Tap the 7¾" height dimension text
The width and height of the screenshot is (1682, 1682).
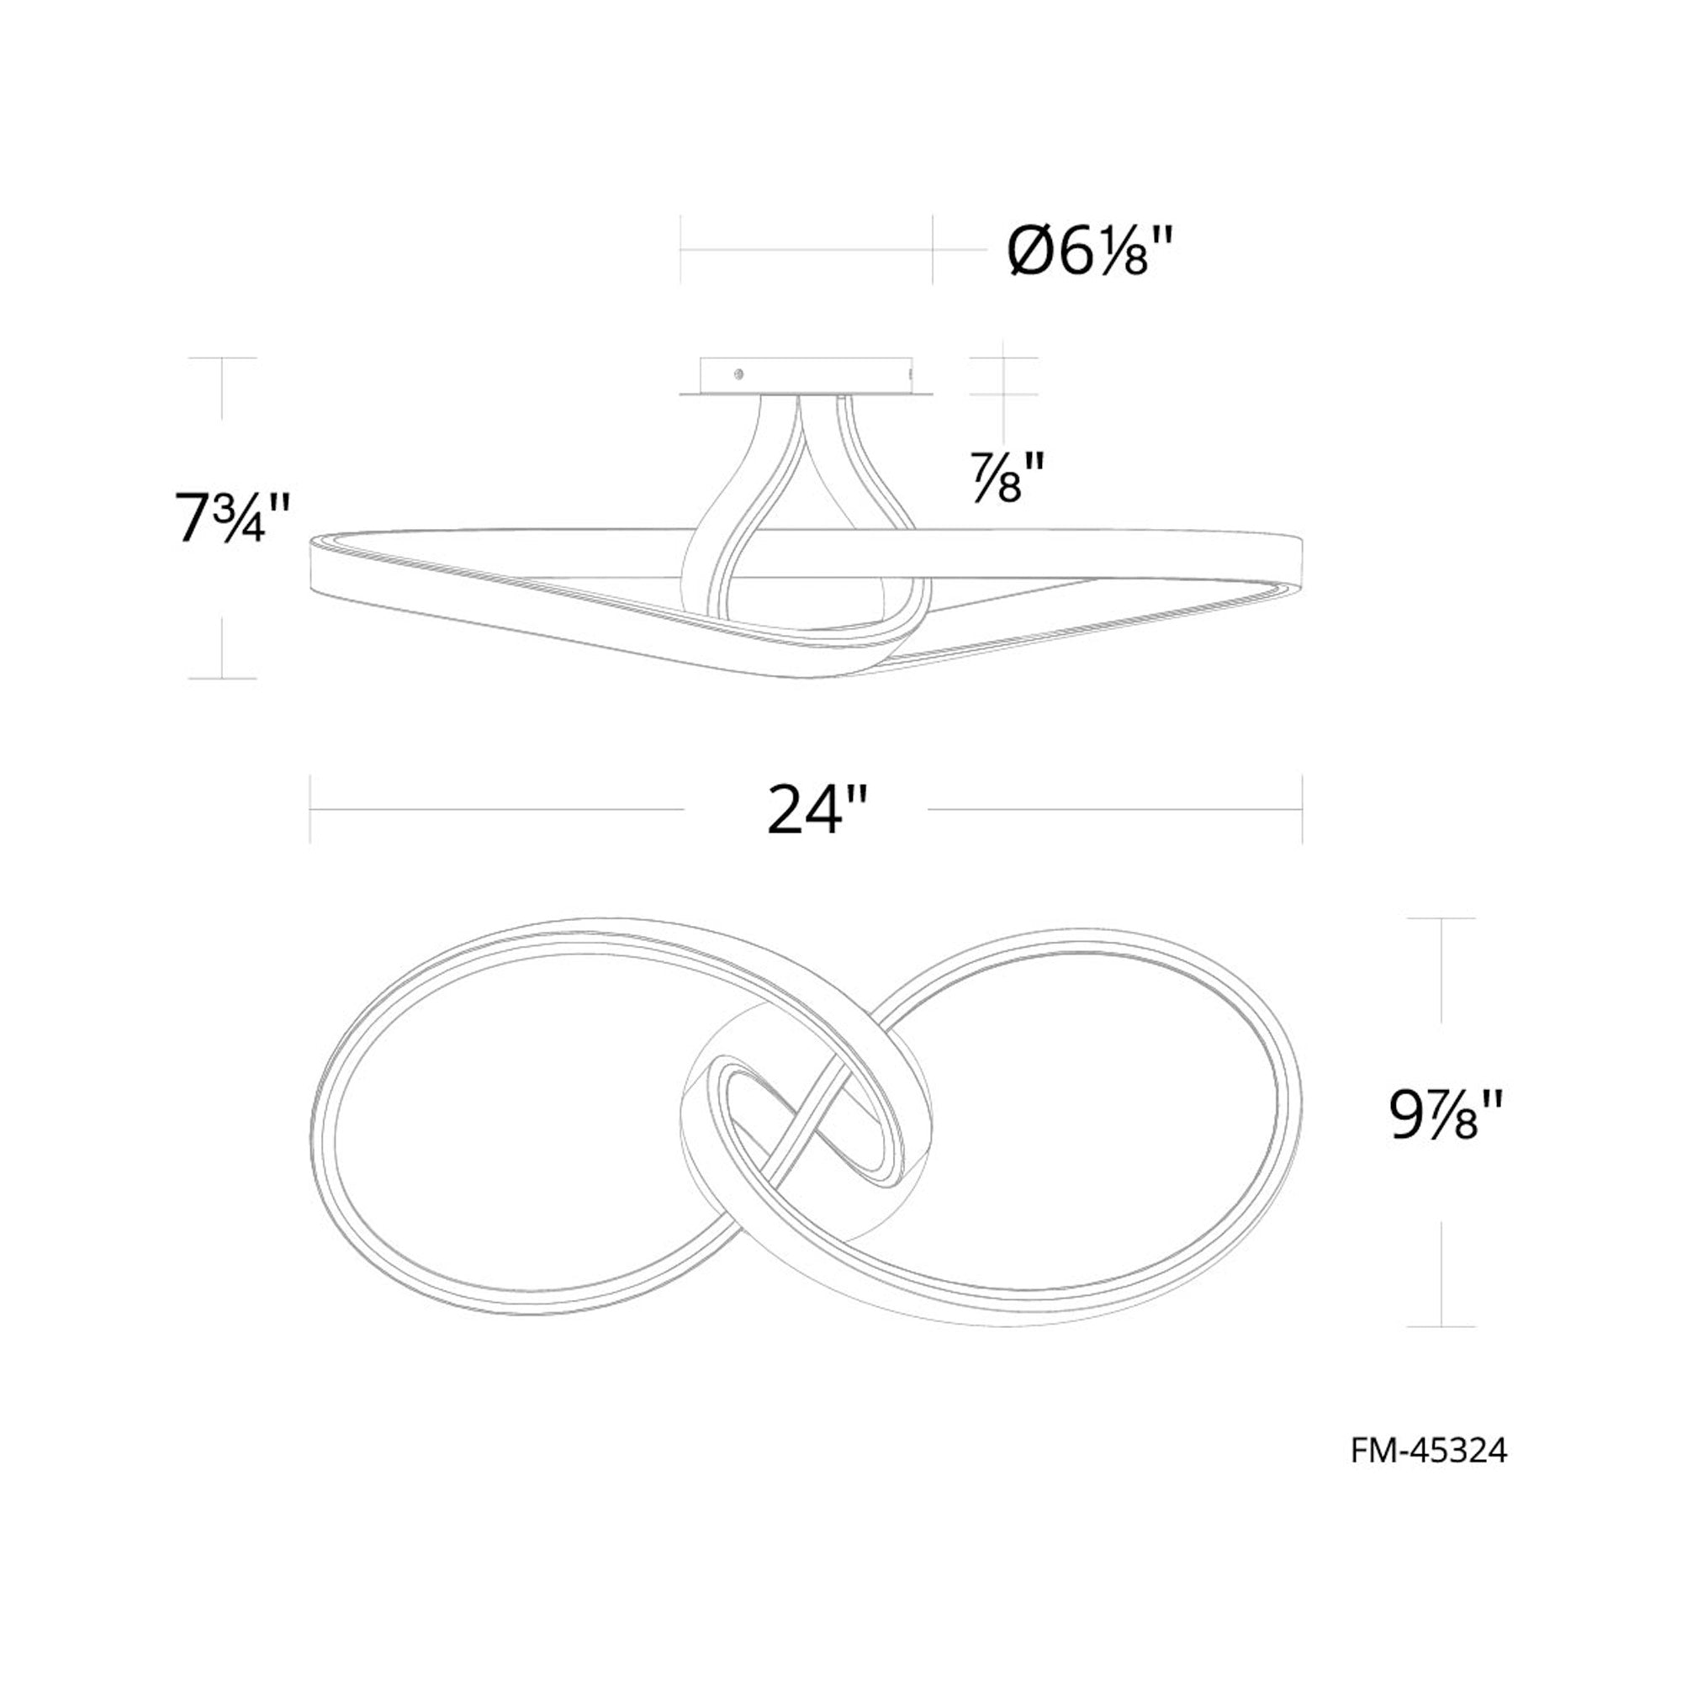[x=230, y=519]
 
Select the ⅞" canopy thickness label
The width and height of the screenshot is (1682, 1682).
[x=1007, y=479]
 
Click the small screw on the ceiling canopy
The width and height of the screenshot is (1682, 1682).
[x=738, y=374]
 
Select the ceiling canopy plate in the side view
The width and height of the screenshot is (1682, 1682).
[x=807, y=377]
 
